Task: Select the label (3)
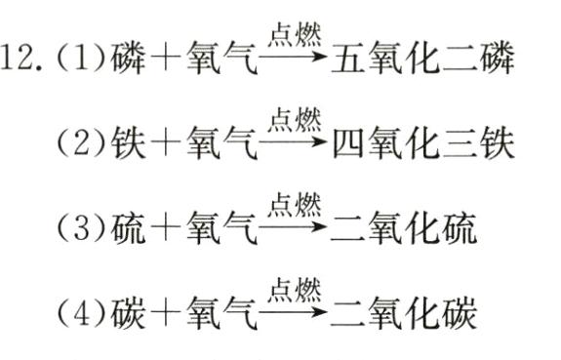77,230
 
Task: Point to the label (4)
77,314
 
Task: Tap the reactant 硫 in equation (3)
127,230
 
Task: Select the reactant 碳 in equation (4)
127,314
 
